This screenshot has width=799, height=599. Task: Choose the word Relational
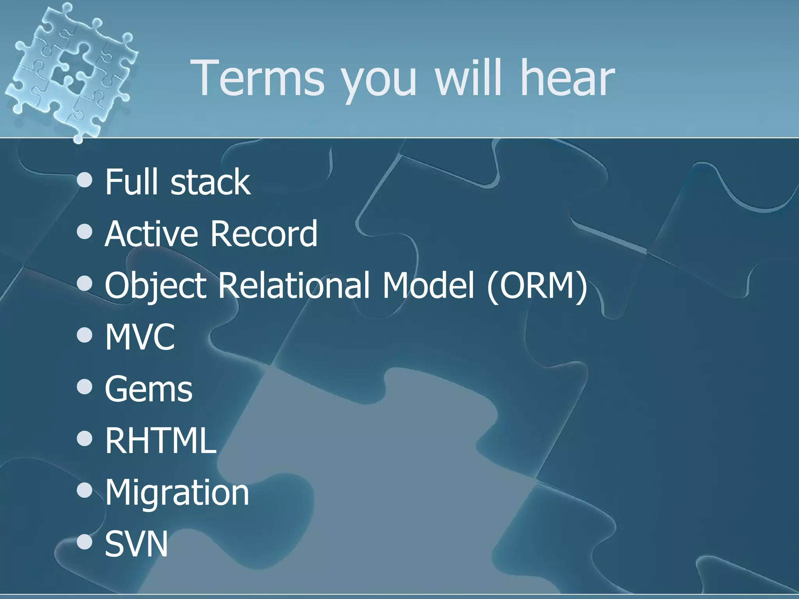click(x=293, y=285)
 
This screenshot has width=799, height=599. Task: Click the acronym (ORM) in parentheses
click(x=537, y=286)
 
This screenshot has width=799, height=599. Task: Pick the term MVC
click(x=140, y=337)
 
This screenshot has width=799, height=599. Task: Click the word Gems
click(x=149, y=389)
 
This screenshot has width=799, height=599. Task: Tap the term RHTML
click(x=160, y=440)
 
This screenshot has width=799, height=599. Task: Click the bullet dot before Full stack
click(x=85, y=180)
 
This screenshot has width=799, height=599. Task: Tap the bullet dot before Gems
click(x=85, y=387)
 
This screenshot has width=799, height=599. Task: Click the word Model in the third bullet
click(x=428, y=285)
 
